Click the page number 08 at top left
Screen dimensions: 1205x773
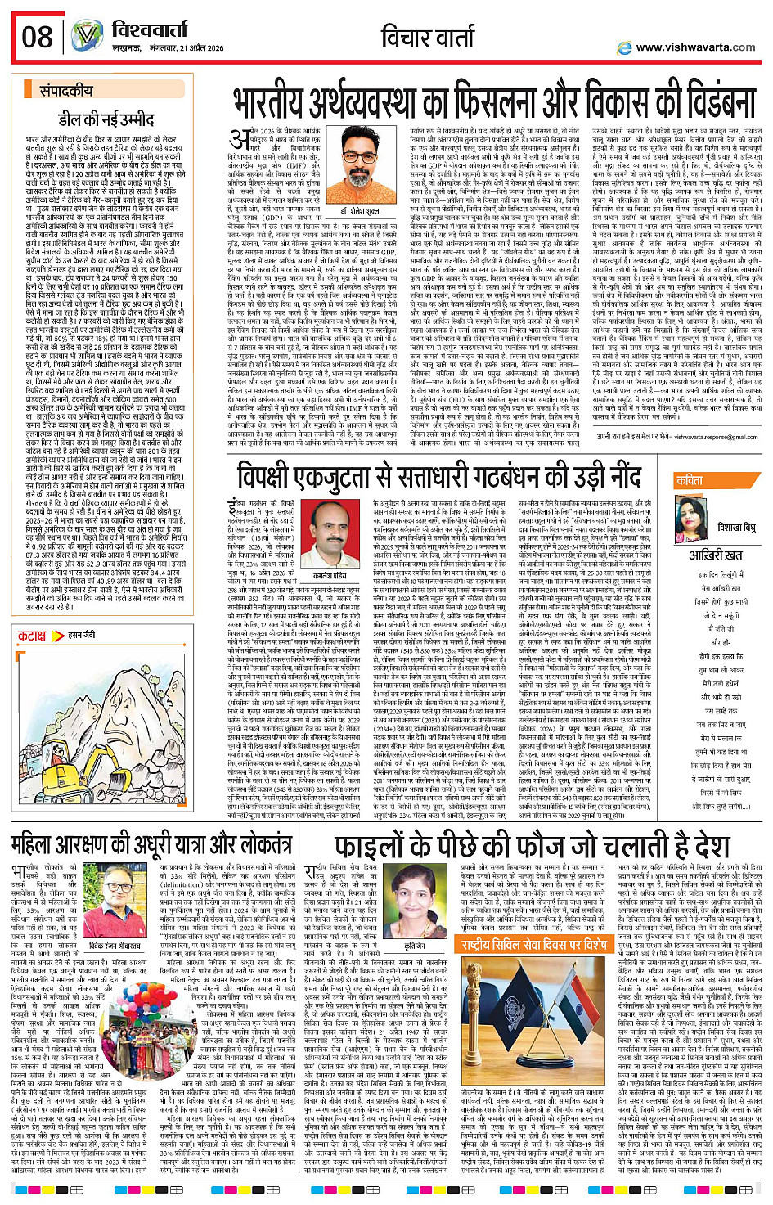37,37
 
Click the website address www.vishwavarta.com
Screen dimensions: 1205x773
694,47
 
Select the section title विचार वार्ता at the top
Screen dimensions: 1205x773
439,37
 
